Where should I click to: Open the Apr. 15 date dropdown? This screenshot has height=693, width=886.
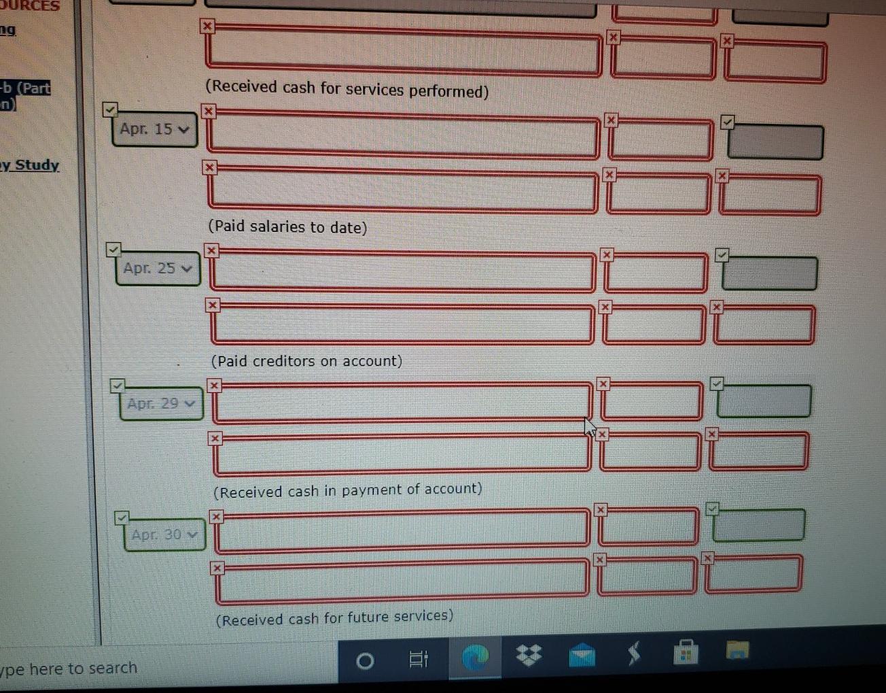point(154,130)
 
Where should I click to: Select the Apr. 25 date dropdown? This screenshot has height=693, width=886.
point(158,269)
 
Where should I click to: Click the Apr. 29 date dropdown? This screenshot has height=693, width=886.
point(161,404)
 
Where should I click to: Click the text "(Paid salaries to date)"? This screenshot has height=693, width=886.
point(287,226)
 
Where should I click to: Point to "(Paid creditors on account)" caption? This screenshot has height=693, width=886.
point(306,361)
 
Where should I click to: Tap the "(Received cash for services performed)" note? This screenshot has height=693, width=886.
point(347,89)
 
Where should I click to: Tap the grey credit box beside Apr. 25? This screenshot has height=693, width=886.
point(769,273)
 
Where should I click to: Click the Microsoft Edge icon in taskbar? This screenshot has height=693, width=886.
point(475,657)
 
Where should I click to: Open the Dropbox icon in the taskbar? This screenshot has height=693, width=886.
point(529,655)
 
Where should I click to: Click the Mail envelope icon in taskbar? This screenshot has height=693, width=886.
point(582,655)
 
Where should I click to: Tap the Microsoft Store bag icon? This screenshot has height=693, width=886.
point(686,652)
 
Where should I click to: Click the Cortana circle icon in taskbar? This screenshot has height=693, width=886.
point(365,660)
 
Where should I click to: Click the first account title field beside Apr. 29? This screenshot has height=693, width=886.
point(402,402)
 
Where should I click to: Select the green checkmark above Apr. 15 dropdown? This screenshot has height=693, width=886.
point(110,109)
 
